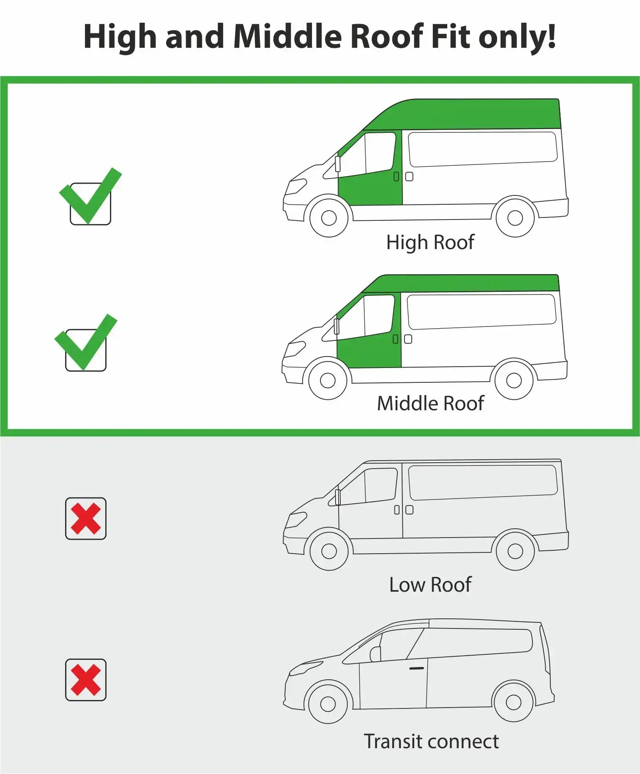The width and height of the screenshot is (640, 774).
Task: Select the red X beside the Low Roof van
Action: (x=86, y=519)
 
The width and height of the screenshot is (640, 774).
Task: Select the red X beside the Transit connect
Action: (x=86, y=680)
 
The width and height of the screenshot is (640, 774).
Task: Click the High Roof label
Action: (x=430, y=243)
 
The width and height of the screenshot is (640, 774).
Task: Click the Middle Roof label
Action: (x=430, y=403)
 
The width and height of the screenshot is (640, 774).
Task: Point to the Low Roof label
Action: (x=430, y=585)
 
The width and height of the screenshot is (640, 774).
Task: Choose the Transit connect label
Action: (x=431, y=742)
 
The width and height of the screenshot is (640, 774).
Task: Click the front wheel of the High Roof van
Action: (x=329, y=218)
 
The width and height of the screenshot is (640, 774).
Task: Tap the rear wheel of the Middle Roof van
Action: (x=514, y=380)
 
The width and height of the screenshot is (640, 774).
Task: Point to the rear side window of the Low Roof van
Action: (x=483, y=482)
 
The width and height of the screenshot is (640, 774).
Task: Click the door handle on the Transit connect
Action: (x=416, y=668)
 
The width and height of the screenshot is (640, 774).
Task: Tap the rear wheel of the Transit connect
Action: (x=514, y=703)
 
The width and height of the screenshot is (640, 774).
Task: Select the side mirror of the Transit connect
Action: (x=375, y=654)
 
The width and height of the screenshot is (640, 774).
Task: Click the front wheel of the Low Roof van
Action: (x=329, y=551)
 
